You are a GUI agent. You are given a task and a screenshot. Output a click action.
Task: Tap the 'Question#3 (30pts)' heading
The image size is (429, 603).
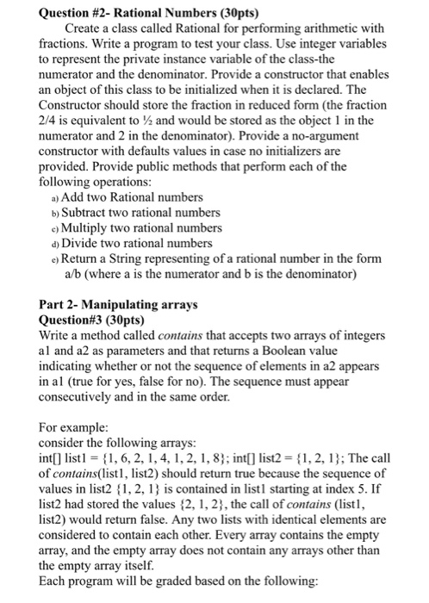pyautogui.click(x=92, y=320)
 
